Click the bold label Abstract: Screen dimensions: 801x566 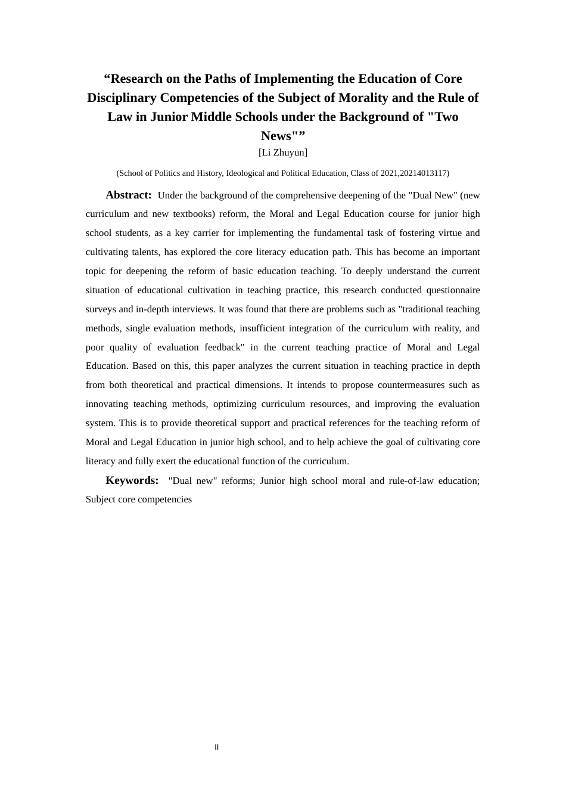click(x=129, y=195)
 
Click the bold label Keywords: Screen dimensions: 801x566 click(x=132, y=480)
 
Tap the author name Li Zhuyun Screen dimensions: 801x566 click(x=283, y=153)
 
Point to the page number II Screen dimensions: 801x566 click(x=217, y=747)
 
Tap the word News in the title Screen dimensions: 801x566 click(x=276, y=136)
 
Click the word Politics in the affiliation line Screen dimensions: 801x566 click(x=167, y=173)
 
